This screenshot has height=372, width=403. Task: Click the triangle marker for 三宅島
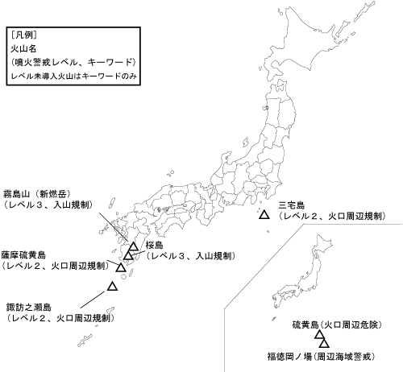pos(263,215)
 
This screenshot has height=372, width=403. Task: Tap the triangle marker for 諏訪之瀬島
pos(113,286)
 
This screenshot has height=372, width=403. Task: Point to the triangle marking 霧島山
pos(133,247)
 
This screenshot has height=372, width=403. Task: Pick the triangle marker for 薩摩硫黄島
pos(121,267)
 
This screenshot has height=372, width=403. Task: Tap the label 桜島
pos(155,244)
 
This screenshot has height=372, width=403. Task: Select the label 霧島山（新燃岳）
pos(37,194)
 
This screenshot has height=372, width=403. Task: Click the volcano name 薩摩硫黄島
pos(23,253)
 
